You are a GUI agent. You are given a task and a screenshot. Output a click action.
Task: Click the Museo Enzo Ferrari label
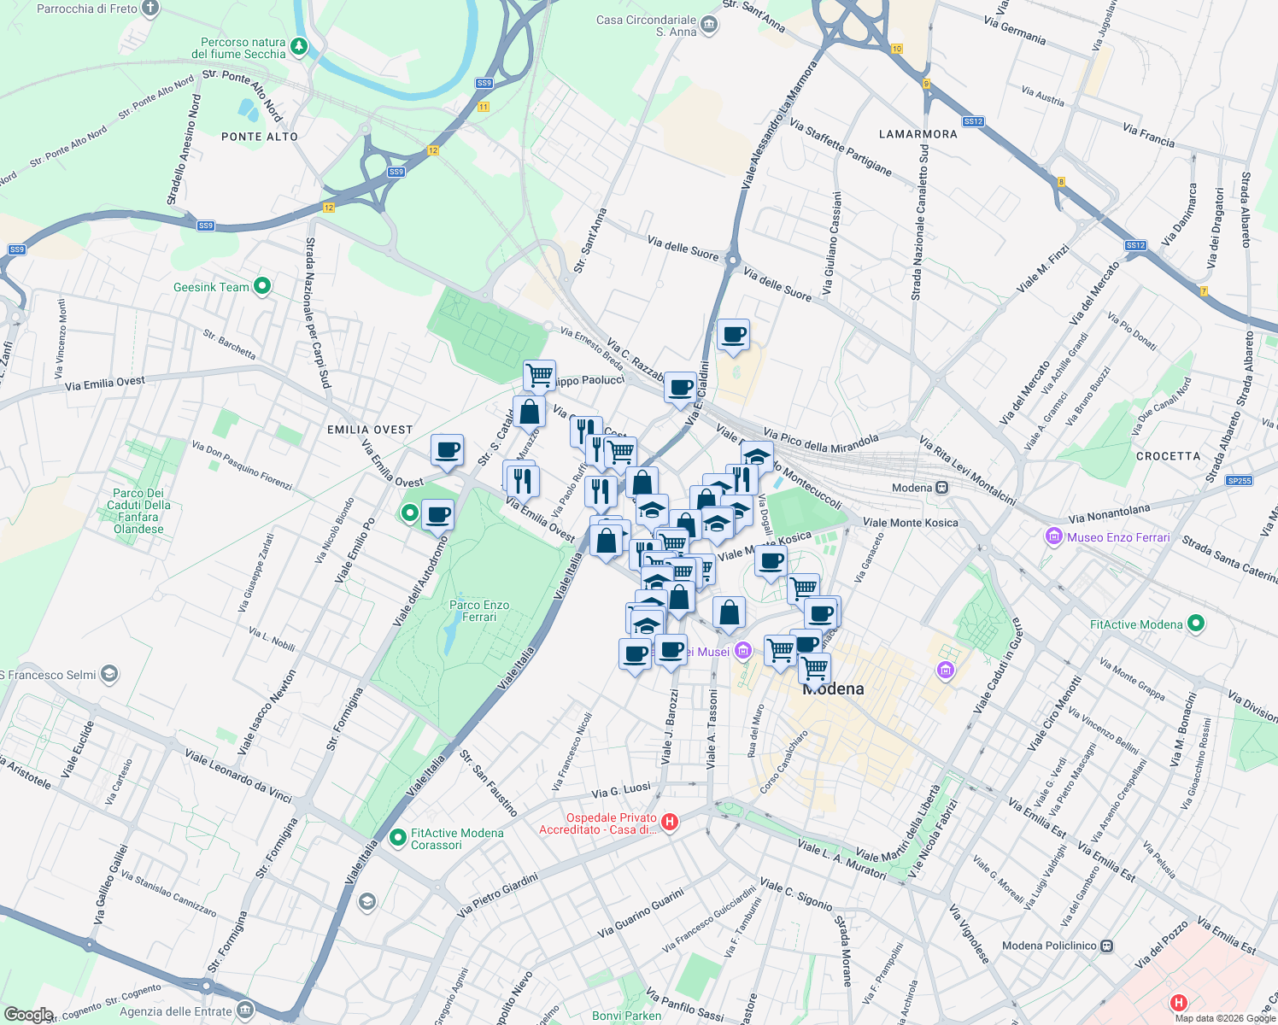coord(1118,537)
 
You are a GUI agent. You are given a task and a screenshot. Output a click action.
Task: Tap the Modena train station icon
coord(941,488)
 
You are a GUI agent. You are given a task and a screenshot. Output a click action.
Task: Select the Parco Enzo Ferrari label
coord(479,611)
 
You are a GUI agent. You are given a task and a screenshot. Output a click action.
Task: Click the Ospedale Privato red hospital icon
coord(670,823)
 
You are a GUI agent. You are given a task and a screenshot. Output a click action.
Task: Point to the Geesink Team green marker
coord(262,287)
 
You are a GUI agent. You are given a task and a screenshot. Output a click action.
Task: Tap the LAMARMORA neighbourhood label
coord(918,134)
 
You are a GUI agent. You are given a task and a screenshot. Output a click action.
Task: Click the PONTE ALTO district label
coord(260,137)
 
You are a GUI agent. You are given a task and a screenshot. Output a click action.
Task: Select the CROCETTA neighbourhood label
coord(1168,456)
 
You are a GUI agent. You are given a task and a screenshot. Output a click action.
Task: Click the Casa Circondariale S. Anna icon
coord(709,26)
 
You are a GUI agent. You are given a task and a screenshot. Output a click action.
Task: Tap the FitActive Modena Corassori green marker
coord(397,838)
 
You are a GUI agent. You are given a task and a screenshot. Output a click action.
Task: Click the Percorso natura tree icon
coord(299,46)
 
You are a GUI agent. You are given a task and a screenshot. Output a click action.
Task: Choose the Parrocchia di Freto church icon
coord(150,9)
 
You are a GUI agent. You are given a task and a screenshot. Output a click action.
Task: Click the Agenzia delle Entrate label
coord(176,1011)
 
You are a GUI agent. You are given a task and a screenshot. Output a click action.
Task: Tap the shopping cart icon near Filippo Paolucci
coord(539,374)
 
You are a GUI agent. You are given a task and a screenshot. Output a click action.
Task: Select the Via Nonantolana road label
coord(1109,513)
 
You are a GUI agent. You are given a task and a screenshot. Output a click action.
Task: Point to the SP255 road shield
coord(1239,481)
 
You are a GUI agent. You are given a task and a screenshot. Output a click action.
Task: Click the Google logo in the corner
coord(28,1015)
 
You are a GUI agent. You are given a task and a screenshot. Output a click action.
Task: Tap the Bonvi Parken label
coord(626,1016)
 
